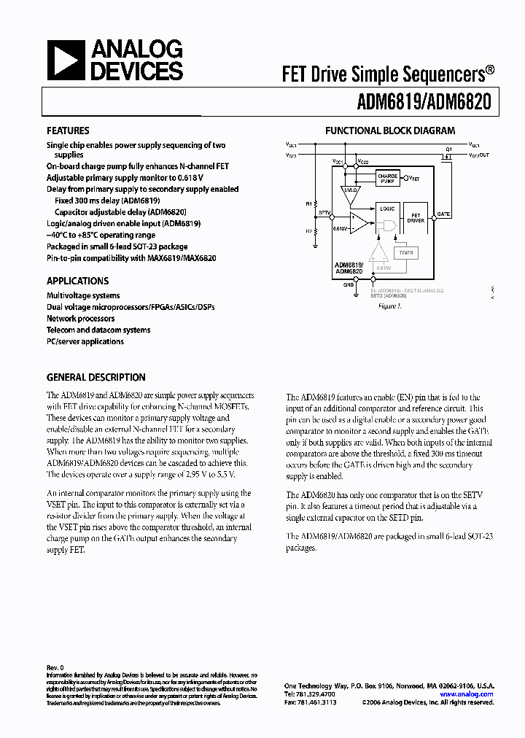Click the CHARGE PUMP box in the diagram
(x=387, y=178)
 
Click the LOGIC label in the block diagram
(x=387, y=209)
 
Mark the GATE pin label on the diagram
(x=443, y=214)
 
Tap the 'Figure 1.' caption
(x=389, y=306)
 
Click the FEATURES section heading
(x=68, y=131)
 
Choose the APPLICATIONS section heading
(x=77, y=281)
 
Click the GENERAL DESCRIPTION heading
(x=96, y=377)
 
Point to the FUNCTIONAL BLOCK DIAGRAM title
(x=389, y=131)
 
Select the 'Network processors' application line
(x=80, y=319)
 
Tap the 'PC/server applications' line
(x=85, y=341)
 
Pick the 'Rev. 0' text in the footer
(x=55, y=667)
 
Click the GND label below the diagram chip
(x=348, y=285)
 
